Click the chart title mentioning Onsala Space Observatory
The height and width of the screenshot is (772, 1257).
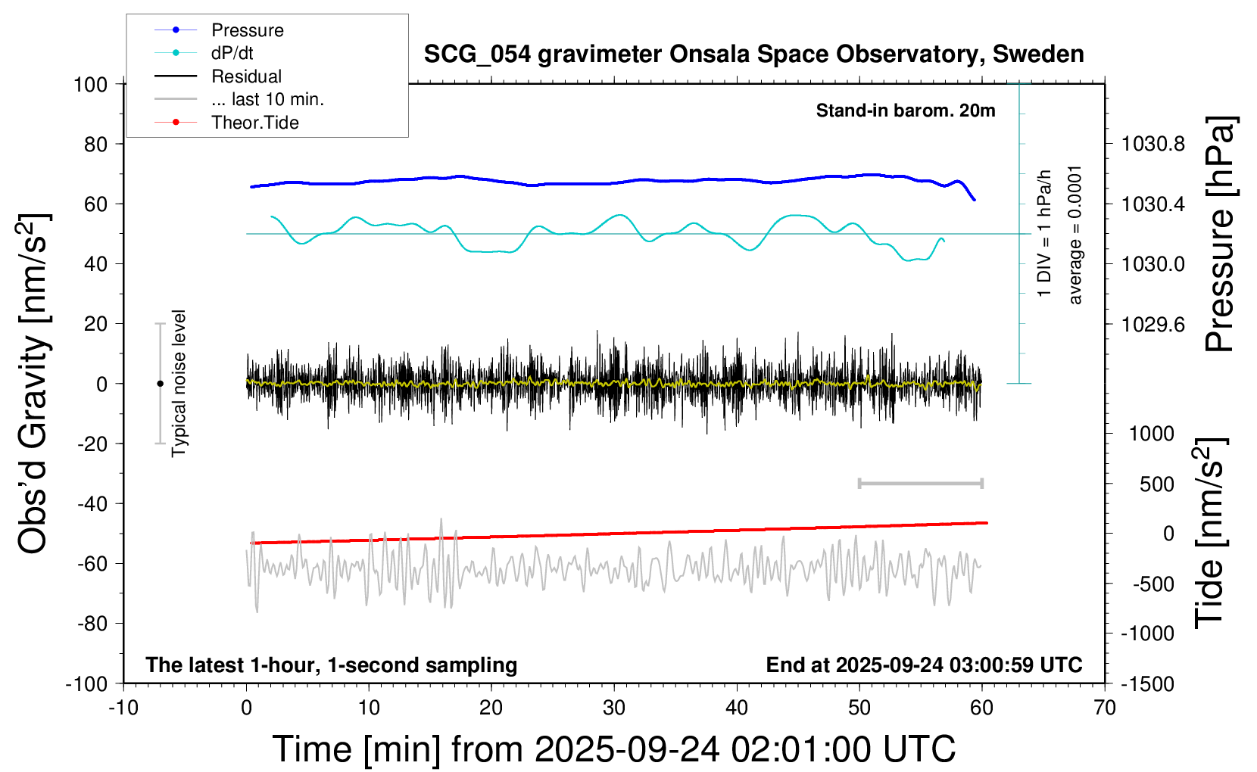pyautogui.click(x=753, y=54)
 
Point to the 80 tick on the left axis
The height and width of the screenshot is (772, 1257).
pyautogui.click(x=95, y=144)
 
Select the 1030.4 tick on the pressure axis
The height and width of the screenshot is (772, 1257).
pyautogui.click(x=1153, y=204)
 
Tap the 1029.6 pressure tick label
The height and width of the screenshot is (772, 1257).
pyautogui.click(x=1153, y=325)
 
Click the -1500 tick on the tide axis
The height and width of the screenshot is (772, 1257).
pyautogui.click(x=1147, y=684)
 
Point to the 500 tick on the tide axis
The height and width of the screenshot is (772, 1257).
pyautogui.click(x=1156, y=484)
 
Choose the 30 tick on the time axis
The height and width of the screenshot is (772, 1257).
pyautogui.click(x=614, y=708)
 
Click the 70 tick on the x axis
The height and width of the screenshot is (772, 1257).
pyautogui.click(x=1105, y=708)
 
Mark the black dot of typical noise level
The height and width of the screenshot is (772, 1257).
pyautogui.click(x=160, y=384)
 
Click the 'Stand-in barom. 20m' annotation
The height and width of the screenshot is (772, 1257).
pyautogui.click(x=906, y=111)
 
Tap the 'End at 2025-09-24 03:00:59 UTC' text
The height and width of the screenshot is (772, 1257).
pyautogui.click(x=924, y=665)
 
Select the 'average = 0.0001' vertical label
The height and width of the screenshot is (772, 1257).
pyautogui.click(x=1075, y=235)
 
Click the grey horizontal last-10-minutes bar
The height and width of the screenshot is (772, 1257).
pyautogui.click(x=920, y=484)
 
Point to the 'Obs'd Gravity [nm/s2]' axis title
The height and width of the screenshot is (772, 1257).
pyautogui.click(x=35, y=384)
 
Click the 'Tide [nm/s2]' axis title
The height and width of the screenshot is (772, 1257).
pyautogui.click(x=1211, y=533)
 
